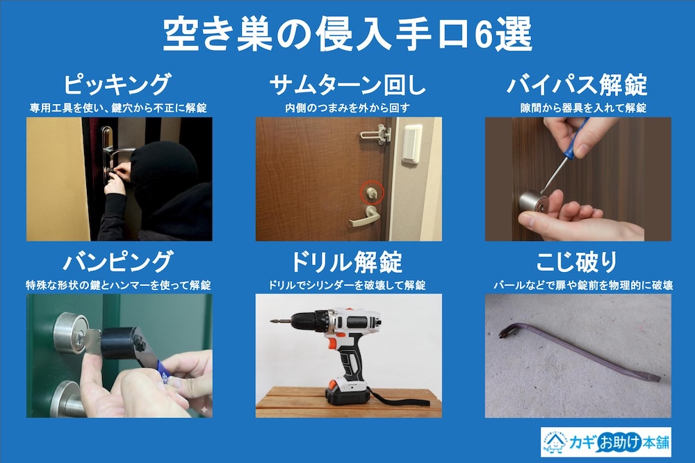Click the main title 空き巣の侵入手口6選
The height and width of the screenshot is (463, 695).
click(x=347, y=33)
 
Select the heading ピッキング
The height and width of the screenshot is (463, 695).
click(x=116, y=85)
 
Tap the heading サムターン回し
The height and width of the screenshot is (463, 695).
click(x=347, y=85)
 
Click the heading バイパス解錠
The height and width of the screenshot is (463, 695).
click(x=577, y=85)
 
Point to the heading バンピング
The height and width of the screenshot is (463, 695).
click(x=117, y=262)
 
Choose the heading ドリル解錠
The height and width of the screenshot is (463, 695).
click(x=347, y=262)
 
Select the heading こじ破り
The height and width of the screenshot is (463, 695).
click(x=577, y=262)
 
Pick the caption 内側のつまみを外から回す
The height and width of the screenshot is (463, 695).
click(x=347, y=108)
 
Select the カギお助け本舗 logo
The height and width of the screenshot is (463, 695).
click(x=605, y=441)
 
